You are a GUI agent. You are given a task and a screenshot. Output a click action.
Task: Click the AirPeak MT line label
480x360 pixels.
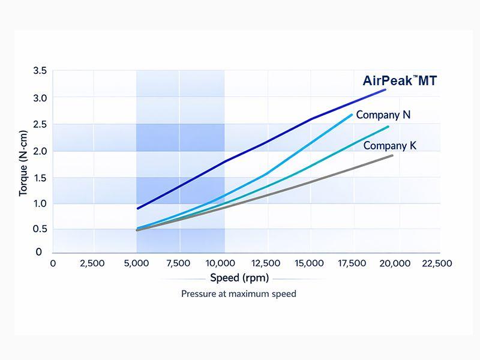pyautogui.click(x=400, y=81)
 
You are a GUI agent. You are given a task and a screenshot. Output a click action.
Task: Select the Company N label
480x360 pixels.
pyautogui.click(x=383, y=115)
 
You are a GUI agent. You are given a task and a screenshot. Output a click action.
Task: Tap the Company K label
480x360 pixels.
pyautogui.click(x=389, y=145)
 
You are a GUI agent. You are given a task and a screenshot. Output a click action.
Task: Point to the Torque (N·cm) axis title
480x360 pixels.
pyautogui.click(x=23, y=163)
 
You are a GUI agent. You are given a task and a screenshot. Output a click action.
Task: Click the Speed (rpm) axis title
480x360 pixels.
pyautogui.click(x=239, y=278)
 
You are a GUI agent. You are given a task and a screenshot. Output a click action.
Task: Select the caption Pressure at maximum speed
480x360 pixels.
pyautogui.click(x=239, y=294)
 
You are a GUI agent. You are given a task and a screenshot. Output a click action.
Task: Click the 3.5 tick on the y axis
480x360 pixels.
pyautogui.click(x=40, y=71)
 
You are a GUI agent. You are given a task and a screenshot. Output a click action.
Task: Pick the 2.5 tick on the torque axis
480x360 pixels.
pyautogui.click(x=40, y=124)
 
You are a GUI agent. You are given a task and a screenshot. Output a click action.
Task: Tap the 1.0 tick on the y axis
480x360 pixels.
pyautogui.click(x=40, y=203)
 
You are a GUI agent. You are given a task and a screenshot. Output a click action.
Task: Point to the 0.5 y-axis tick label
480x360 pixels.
pyautogui.click(x=40, y=229)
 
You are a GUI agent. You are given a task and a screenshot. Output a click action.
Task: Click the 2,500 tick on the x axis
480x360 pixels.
pyautogui.click(x=92, y=263)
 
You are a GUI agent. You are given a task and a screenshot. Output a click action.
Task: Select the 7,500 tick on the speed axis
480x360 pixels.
pyautogui.click(x=178, y=263)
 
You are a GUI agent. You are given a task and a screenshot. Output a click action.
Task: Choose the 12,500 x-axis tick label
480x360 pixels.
pyautogui.click(x=266, y=263)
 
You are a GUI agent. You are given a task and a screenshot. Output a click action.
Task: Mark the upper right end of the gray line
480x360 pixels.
pyautogui.click(x=392, y=155)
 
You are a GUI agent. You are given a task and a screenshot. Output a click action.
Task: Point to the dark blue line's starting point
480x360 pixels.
pyautogui.click(x=138, y=208)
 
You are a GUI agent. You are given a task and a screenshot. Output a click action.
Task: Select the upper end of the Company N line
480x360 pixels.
pyautogui.click(x=352, y=115)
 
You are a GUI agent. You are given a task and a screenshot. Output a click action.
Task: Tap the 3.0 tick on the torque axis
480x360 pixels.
pyautogui.click(x=40, y=97)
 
